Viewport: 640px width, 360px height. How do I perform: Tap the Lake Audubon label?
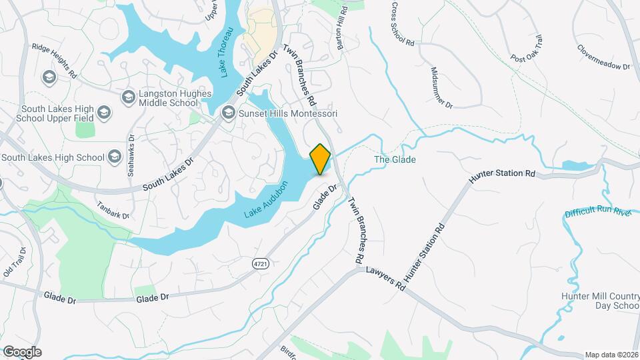tap(267, 199)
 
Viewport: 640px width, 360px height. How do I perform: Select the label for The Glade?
tap(395, 160)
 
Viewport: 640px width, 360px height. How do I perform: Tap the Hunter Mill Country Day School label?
tap(599, 300)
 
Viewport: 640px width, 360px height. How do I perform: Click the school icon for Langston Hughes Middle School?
tap(127, 98)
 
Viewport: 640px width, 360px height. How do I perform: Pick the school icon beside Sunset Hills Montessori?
tap(229, 113)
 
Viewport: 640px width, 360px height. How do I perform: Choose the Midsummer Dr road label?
tap(441, 88)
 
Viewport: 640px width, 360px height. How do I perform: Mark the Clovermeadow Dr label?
tap(603, 58)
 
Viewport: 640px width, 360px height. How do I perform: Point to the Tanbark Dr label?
tap(112, 211)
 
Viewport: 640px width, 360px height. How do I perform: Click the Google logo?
tap(22, 352)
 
